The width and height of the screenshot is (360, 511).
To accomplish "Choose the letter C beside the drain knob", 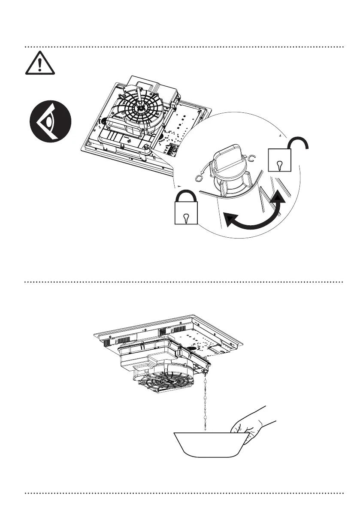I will (252, 160).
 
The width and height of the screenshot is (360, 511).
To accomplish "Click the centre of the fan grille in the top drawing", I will (140, 103).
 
